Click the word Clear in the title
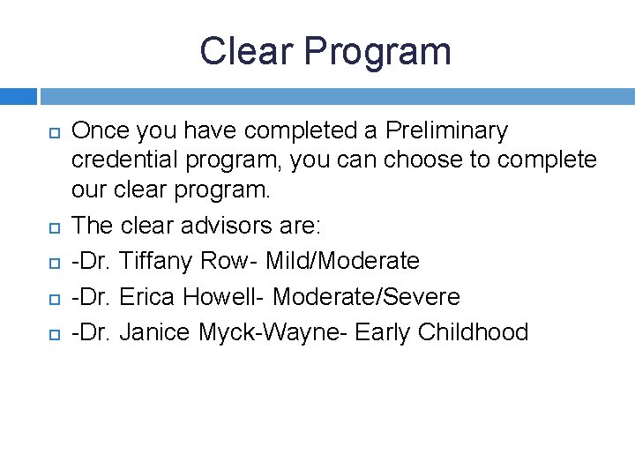click(x=246, y=51)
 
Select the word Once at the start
click(x=99, y=131)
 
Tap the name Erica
click(x=147, y=296)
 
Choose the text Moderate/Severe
click(x=366, y=296)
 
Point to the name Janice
click(x=155, y=331)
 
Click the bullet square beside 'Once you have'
click(x=51, y=132)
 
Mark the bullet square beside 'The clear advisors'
click(x=51, y=227)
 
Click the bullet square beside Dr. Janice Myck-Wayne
click(x=51, y=333)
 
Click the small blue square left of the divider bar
click(x=18, y=95)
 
